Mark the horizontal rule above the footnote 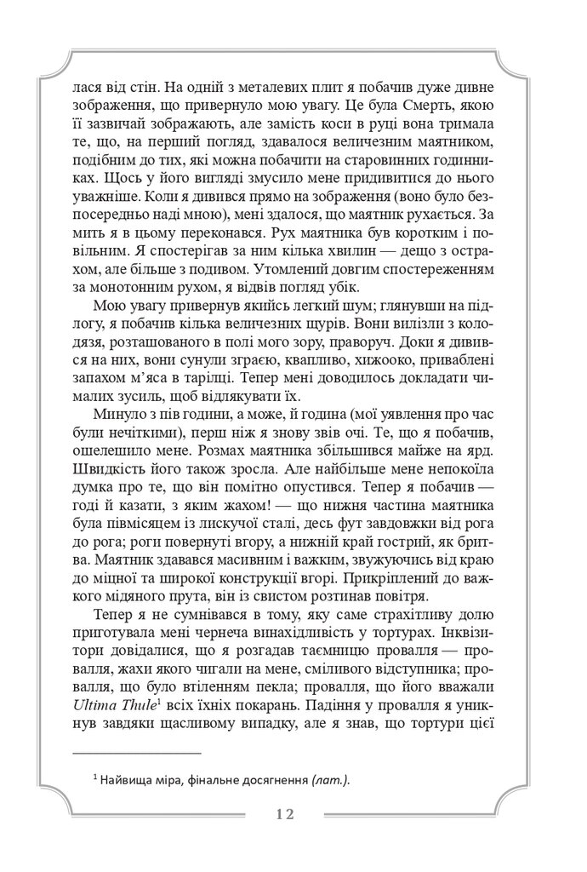coord(137,753)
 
